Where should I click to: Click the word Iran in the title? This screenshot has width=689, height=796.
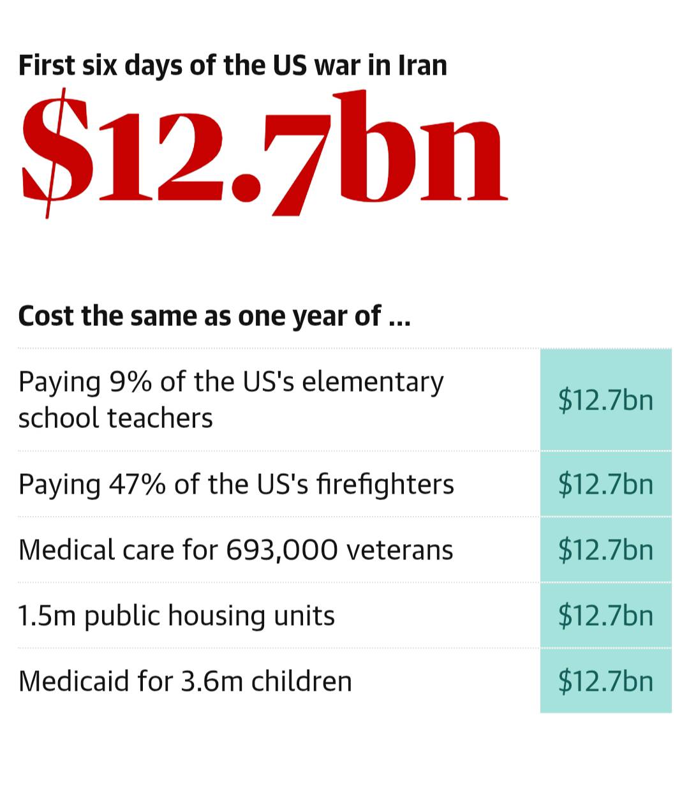(x=422, y=66)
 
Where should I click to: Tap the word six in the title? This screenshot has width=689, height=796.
(x=96, y=66)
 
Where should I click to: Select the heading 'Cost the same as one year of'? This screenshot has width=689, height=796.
(x=214, y=316)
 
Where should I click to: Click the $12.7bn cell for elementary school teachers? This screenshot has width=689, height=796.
(x=605, y=400)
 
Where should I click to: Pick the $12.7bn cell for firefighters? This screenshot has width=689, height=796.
(x=605, y=484)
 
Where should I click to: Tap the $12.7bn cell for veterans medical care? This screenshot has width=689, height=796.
(x=605, y=550)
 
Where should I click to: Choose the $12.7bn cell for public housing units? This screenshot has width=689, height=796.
(x=605, y=615)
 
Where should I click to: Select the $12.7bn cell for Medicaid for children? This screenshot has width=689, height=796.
(x=605, y=681)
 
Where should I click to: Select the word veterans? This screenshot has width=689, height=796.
(x=399, y=550)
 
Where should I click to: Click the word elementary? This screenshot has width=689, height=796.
(x=373, y=383)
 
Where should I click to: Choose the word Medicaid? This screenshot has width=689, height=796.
(x=73, y=681)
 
